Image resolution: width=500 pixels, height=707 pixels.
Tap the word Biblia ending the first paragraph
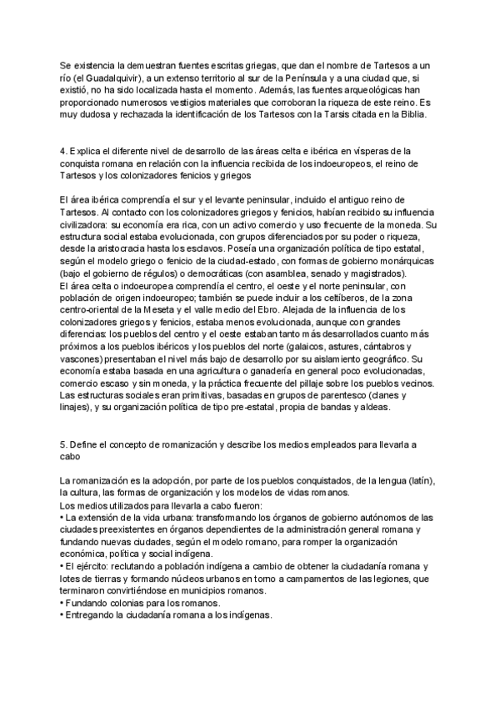(x=409, y=115)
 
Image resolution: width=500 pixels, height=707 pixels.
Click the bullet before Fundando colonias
(x=62, y=603)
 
